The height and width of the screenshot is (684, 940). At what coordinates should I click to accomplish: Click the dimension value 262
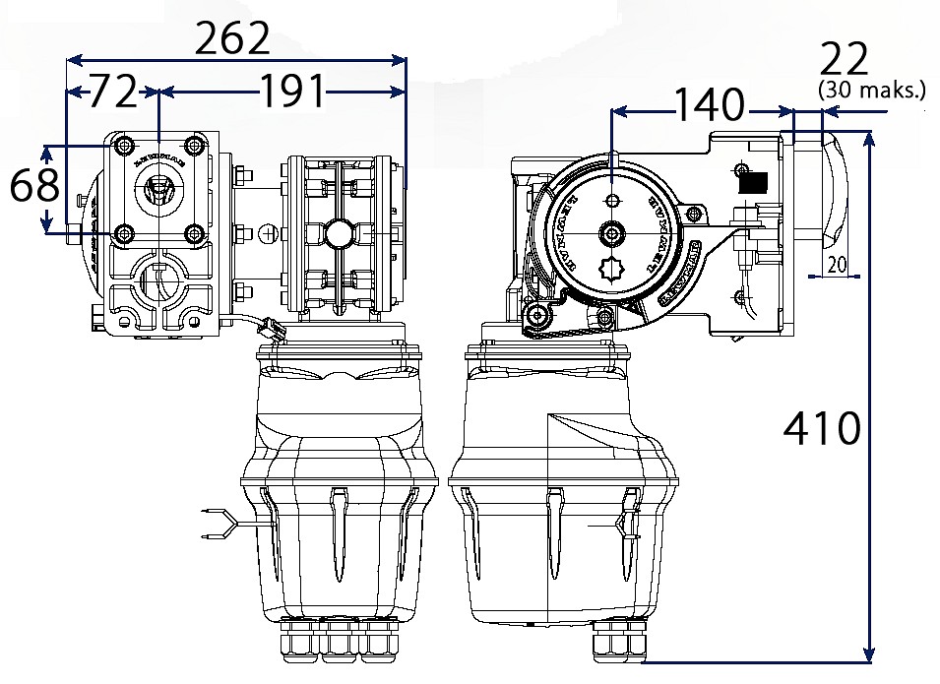[x=232, y=39]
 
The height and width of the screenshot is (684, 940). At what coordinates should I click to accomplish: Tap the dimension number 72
[x=111, y=93]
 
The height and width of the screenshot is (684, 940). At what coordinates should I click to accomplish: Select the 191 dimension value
[x=292, y=93]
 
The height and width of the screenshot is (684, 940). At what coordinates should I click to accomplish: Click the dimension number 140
[x=708, y=104]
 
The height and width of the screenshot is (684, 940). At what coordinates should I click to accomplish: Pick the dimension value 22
[x=845, y=61]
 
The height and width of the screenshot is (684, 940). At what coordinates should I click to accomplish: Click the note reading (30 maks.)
[x=872, y=92]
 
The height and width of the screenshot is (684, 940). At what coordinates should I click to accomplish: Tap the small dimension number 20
[x=837, y=264]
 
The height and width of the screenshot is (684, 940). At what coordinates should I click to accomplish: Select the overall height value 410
[x=822, y=428]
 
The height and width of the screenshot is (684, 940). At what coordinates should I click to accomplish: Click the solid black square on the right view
[x=753, y=180]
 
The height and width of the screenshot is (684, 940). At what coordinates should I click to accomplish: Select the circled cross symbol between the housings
[x=268, y=233]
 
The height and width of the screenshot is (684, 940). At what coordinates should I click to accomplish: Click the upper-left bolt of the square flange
[x=122, y=147]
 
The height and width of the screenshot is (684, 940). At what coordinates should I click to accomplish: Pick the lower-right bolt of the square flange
[x=195, y=233]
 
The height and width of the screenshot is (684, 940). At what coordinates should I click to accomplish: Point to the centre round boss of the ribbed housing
[x=339, y=233]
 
